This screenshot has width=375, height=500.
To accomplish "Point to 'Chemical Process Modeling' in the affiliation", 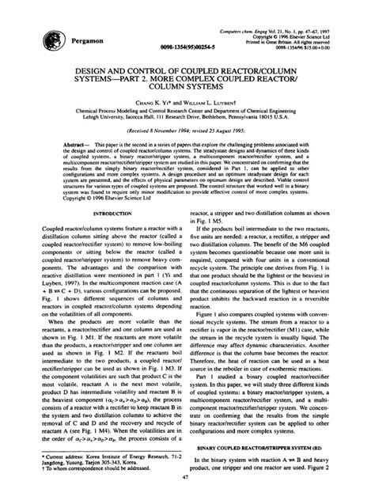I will point(98,113).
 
